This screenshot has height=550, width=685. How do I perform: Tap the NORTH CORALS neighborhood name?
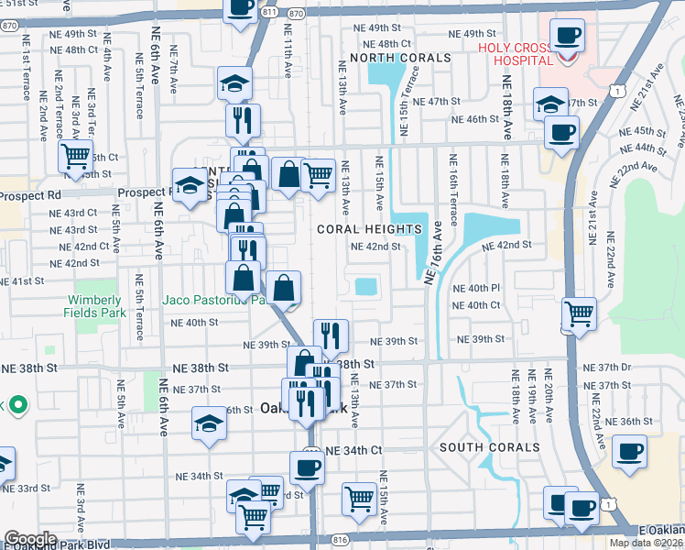pos(400,58)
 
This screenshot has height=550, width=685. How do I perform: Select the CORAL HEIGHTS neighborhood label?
pos(369,228)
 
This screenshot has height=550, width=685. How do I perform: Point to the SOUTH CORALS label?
pos(489,447)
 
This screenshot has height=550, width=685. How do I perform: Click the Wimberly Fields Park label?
pos(93,306)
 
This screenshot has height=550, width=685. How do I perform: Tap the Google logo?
pos(29,539)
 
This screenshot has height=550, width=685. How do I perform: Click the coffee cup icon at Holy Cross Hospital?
pos(566,36)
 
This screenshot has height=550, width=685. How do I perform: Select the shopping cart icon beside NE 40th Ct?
pos(579,313)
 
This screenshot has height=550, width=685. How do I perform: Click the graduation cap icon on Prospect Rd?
pos(190,186)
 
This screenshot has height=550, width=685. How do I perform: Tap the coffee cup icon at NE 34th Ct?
pos(307,467)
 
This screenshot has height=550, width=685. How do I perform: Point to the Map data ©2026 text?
pos(646,543)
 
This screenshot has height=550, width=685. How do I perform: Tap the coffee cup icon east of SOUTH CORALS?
pos(629,452)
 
